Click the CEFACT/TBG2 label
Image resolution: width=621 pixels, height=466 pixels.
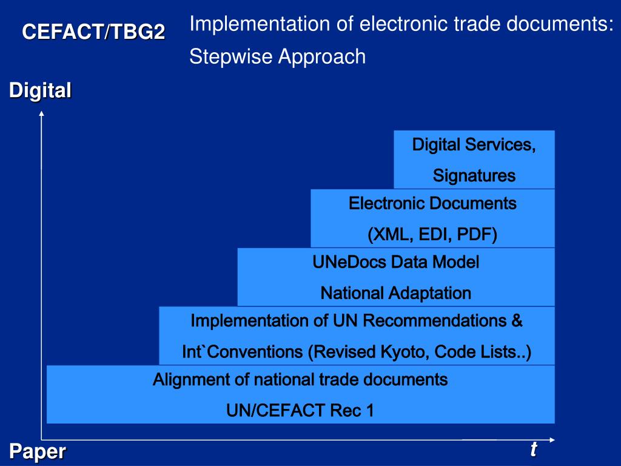point(93,32)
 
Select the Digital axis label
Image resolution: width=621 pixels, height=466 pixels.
point(40,91)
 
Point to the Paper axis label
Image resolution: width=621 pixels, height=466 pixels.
point(37,452)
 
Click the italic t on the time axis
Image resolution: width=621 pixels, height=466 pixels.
point(534,450)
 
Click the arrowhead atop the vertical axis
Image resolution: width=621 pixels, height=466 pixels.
point(41,115)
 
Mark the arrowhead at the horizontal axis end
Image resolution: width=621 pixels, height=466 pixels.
point(552,439)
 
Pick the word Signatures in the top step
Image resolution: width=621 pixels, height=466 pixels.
point(474,176)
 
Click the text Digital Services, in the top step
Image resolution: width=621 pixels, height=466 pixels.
point(474,145)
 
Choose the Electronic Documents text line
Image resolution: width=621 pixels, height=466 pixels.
point(432,203)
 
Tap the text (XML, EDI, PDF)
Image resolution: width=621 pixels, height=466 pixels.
point(432,234)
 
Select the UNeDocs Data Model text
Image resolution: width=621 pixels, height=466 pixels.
point(396,262)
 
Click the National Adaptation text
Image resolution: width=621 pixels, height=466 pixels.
point(396,294)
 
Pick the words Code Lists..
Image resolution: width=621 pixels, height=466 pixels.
point(479,352)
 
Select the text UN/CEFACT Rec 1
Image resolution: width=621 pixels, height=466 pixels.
point(300,411)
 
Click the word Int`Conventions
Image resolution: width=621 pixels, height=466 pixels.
point(242,352)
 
